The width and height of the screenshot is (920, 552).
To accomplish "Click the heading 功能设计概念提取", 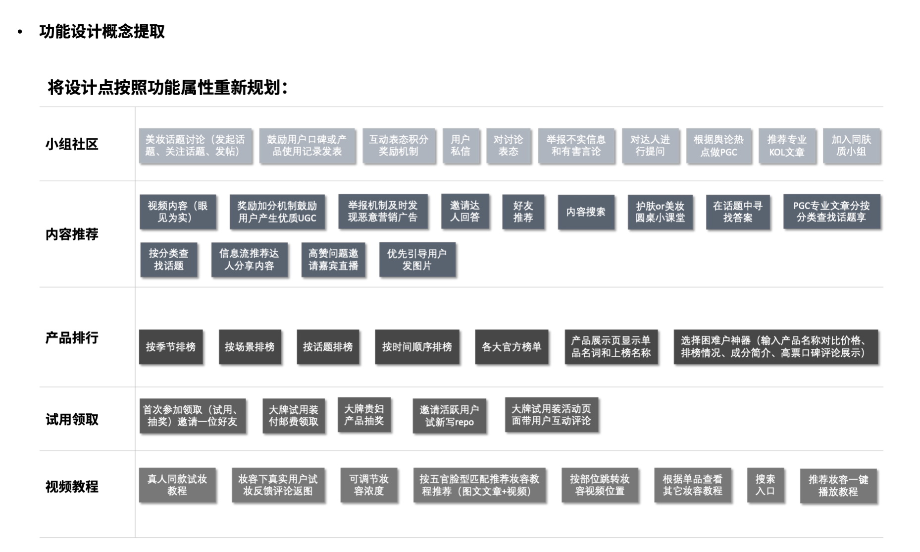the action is tap(102, 32).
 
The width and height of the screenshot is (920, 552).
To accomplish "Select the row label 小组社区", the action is tap(72, 144).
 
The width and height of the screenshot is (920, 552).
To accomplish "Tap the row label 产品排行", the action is tap(72, 338).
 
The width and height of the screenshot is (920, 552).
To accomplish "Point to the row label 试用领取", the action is tap(72, 420).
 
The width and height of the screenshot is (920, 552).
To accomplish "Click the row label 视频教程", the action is tap(72, 487).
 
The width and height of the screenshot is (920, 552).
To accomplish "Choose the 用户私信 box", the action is tap(460, 146).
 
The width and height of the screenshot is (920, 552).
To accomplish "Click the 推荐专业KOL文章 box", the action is tap(786, 146).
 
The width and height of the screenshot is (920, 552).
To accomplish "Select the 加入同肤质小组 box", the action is tap(851, 146).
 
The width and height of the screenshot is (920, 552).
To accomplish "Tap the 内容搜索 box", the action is tap(586, 212).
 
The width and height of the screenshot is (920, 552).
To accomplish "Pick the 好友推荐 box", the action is tap(523, 212).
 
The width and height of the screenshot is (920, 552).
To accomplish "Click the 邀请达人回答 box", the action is tap(464, 212).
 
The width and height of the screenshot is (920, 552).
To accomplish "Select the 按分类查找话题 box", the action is tap(168, 260).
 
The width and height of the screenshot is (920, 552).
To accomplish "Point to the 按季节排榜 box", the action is tap(171, 347).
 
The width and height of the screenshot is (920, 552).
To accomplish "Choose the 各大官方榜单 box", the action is tap(511, 347).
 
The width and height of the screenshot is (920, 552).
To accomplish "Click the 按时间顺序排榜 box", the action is tap(417, 347).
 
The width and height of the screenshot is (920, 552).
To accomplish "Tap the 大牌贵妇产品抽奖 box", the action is tap(364, 415).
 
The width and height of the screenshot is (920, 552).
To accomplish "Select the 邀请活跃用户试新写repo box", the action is tap(449, 416).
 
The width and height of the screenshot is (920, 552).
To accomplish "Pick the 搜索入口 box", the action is tap(765, 485).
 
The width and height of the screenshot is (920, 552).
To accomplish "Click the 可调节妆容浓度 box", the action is tap(369, 485).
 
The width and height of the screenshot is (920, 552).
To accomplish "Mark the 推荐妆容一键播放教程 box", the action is tap(838, 486).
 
